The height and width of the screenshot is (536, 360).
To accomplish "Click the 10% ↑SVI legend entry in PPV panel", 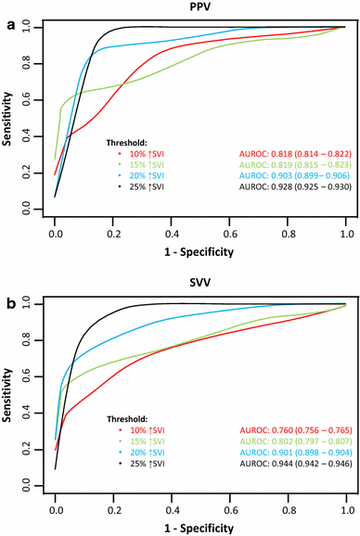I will (140, 152).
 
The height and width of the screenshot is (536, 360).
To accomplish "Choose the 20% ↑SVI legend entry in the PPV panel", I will (140, 176).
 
